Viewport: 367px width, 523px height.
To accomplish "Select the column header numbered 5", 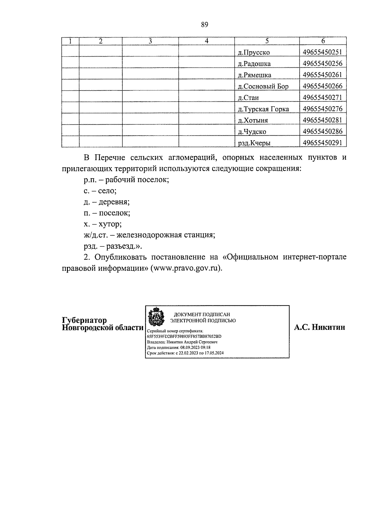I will pos(267,41).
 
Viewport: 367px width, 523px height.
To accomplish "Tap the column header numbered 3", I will pos(150,41).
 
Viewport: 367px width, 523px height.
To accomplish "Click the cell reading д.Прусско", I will pos(254,52).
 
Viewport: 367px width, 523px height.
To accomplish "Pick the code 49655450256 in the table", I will pos(322,64).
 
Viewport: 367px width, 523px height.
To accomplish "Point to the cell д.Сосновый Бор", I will pos(263,86).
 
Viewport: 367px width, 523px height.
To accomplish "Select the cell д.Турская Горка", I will pos(263,109).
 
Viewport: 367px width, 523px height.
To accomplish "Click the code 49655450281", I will pos(322,120).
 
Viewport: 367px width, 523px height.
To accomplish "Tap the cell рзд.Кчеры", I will pos(254,143).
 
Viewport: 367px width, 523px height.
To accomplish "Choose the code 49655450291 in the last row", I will pos(322,143).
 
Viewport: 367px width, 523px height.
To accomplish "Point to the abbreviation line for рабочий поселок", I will pos(126,180).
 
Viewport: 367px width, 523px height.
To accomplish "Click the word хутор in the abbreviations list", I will pos(110,224).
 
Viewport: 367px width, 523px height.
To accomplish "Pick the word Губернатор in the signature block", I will pos(84,320).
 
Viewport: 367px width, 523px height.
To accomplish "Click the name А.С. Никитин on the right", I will pos(319,327).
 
